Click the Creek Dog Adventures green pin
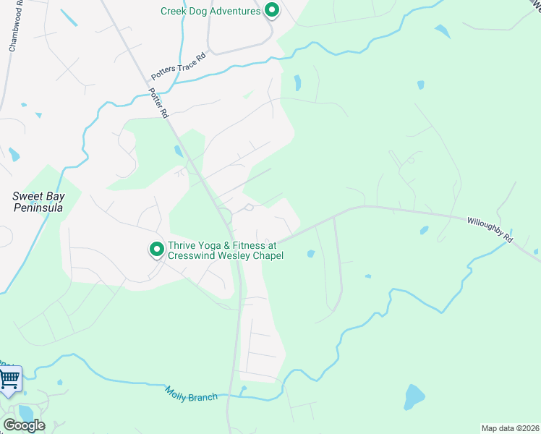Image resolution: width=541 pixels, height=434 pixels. click(271, 11)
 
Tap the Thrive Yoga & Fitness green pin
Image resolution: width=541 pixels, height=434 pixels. click(156, 250)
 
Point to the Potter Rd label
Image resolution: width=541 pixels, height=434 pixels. click(158, 103)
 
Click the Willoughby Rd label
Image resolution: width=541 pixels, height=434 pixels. click(490, 229)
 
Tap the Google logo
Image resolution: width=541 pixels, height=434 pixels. click(24, 425)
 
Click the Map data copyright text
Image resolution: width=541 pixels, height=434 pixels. click(510, 427)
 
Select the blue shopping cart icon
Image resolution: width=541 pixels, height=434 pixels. click(9, 378)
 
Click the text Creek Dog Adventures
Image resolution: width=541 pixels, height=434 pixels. click(210, 11)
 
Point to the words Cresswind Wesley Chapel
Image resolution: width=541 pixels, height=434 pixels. click(226, 255)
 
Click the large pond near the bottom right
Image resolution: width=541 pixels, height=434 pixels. click(414, 397)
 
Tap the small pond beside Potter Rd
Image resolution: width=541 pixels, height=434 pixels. click(178, 150)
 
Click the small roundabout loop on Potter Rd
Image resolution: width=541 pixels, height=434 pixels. click(225, 215)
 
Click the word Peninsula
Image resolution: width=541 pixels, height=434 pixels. click(38, 208)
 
